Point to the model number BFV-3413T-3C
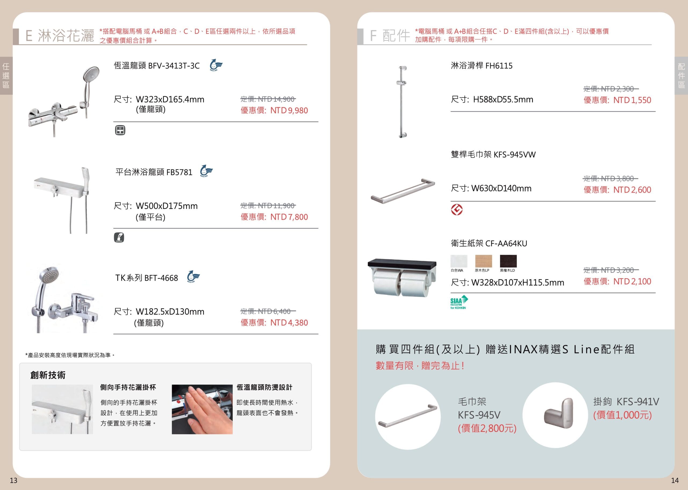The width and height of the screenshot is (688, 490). click(174, 66)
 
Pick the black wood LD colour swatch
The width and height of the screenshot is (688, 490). click(508, 261)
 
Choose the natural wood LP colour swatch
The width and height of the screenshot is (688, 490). click(483, 261)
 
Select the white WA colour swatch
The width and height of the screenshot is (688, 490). click(459, 261)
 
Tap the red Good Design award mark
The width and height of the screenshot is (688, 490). click(457, 210)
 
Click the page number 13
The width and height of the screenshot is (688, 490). click(13, 480)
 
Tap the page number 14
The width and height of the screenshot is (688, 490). click(675, 480)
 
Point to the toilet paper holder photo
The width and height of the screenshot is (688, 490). click(402, 277)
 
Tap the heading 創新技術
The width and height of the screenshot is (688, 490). click(48, 375)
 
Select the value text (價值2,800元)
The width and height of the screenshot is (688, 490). click(487, 428)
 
